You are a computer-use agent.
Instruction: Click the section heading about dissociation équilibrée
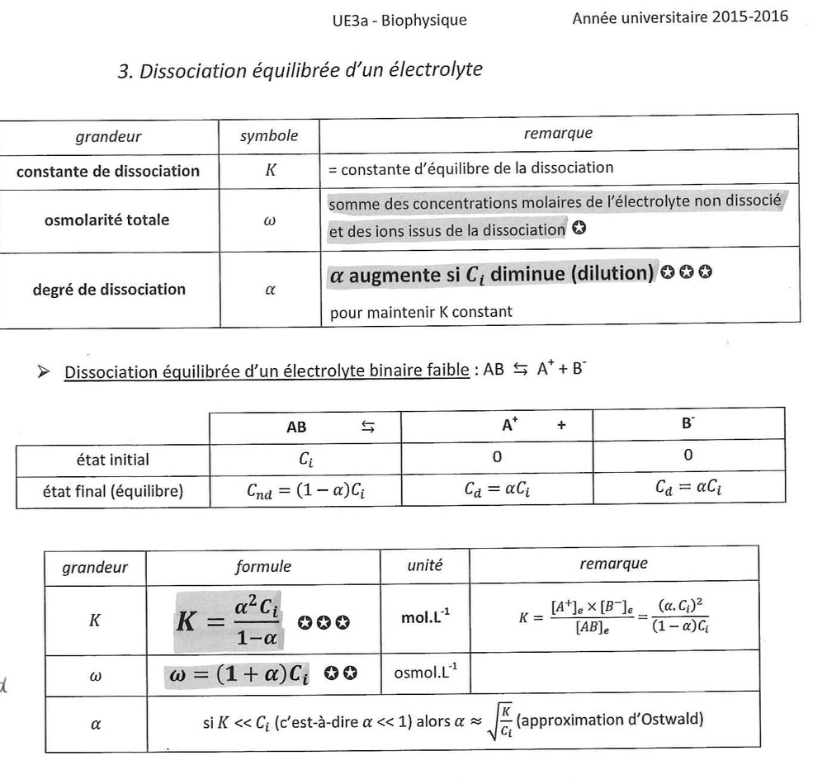(300, 71)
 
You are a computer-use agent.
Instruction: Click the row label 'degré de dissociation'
(108, 289)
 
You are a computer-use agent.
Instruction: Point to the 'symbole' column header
(268, 135)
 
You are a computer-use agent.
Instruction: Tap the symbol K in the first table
(268, 171)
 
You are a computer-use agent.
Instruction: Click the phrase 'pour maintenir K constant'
(420, 312)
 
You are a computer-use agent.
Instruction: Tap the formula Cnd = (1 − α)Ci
(305, 492)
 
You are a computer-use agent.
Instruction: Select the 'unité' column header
(425, 566)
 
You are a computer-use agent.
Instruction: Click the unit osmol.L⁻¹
(425, 673)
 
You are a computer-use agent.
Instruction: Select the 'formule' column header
(262, 567)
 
